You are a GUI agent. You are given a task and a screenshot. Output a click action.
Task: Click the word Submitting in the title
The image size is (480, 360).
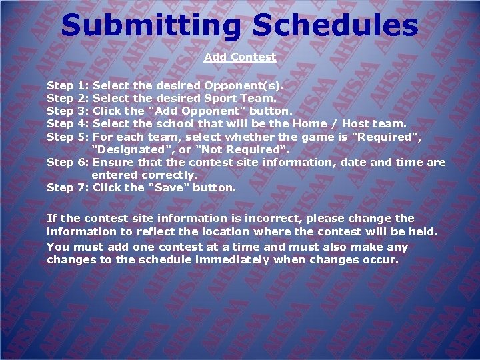pyautogui.click(x=150, y=26)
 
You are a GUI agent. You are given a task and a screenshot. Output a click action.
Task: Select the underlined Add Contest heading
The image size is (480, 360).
pyautogui.click(x=240, y=57)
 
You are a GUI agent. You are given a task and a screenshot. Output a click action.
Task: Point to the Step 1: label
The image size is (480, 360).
pyautogui.click(x=68, y=86)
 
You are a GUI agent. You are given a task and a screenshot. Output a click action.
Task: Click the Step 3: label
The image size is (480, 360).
pyautogui.click(x=68, y=111)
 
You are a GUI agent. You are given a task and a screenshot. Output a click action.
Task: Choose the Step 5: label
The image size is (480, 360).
pyautogui.click(x=68, y=137)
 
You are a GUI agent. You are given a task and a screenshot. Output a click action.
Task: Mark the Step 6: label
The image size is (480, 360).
pyautogui.click(x=68, y=163)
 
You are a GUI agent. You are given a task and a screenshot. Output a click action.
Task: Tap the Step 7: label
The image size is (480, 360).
pyautogui.click(x=68, y=188)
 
